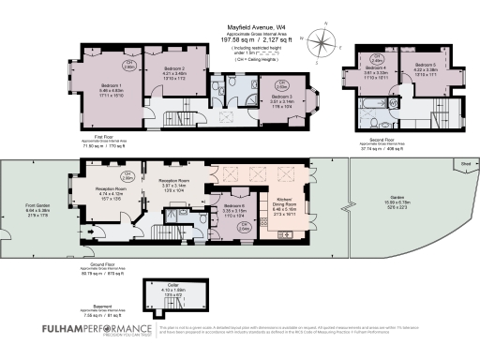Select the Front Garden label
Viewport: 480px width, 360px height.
(37, 208)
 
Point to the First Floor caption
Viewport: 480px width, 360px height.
(99, 140)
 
